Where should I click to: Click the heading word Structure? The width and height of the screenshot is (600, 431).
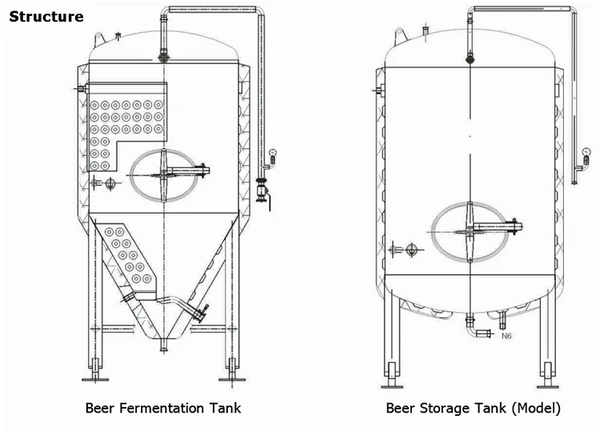(46, 17)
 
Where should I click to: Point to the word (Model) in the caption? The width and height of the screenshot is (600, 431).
(536, 408)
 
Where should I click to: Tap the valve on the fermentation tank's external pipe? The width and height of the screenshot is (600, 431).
(260, 191)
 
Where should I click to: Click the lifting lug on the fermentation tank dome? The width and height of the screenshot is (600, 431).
(99, 37)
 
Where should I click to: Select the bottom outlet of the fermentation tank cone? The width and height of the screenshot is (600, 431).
(164, 344)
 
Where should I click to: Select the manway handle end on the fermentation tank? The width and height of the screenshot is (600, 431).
(207, 169)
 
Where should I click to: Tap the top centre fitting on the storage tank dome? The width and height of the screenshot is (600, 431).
(470, 57)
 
